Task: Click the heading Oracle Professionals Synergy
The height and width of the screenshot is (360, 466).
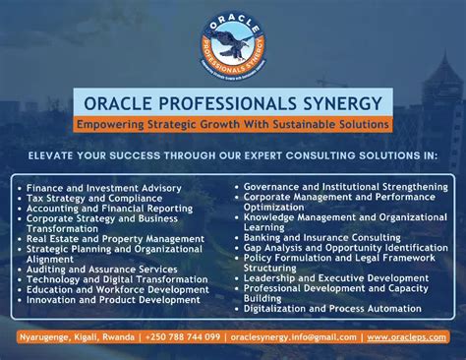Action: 233,103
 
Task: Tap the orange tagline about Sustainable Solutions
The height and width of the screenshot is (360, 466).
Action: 233,125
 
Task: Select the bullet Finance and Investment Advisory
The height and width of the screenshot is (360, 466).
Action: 103,187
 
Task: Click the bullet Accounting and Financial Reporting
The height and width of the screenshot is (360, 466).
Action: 111,208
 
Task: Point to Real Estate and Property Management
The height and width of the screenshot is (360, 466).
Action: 115,238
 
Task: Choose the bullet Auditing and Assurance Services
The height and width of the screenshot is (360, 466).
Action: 103,269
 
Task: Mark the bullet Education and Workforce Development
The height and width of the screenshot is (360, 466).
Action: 117,289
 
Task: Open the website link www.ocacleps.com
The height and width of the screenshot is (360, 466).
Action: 407,337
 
